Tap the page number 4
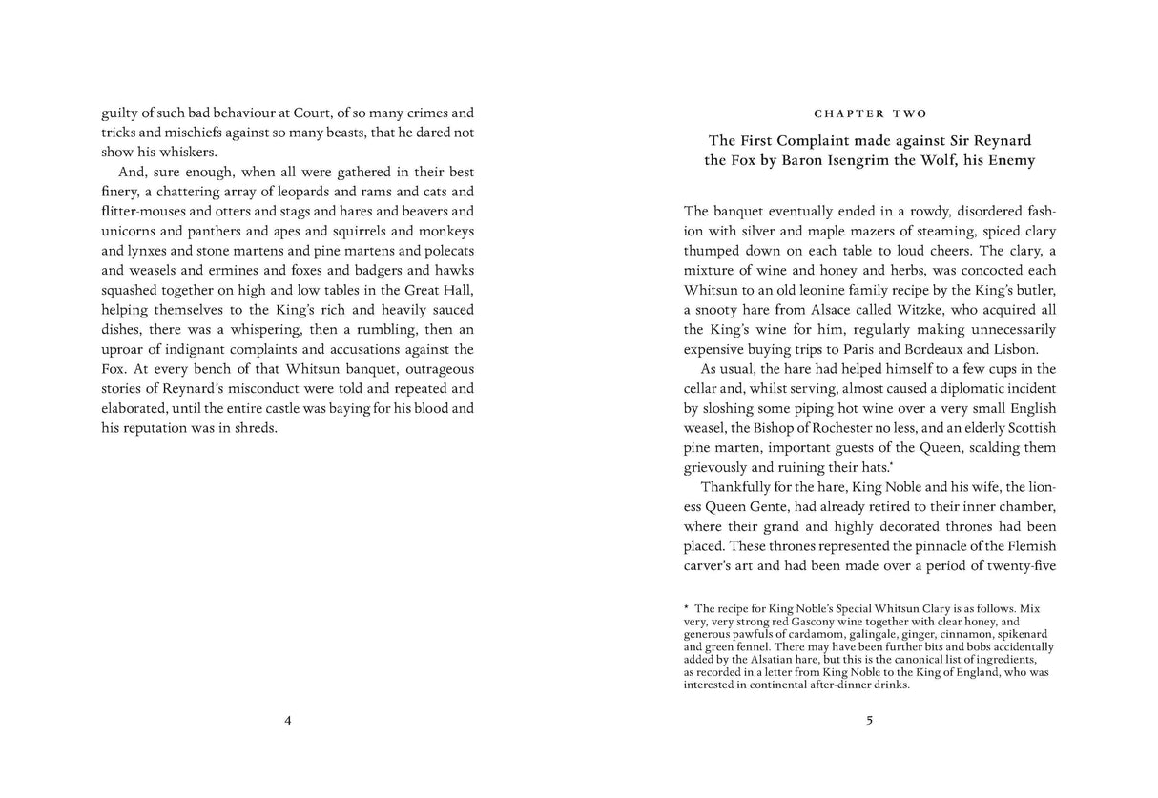click(x=288, y=721)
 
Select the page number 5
click(x=869, y=721)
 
